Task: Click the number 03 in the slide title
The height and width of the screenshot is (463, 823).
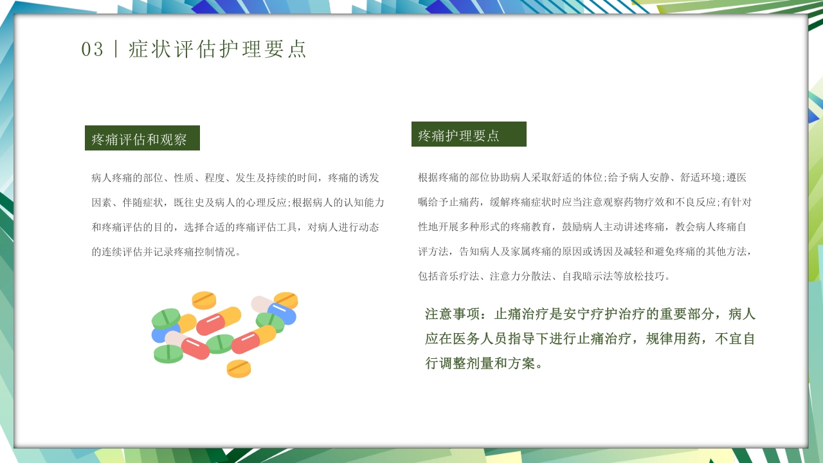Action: pyautogui.click(x=92, y=50)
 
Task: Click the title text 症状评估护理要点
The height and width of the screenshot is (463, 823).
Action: pyautogui.click(x=218, y=50)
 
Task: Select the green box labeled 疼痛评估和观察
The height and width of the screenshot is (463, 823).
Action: pyautogui.click(x=142, y=138)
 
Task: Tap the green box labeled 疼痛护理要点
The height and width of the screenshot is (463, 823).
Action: pyautogui.click(x=469, y=134)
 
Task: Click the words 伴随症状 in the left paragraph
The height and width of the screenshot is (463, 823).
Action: pyautogui.click(x=143, y=202)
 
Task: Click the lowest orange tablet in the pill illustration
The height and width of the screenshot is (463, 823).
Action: pyautogui.click(x=239, y=368)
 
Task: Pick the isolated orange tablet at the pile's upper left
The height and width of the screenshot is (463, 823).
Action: pyautogui.click(x=204, y=300)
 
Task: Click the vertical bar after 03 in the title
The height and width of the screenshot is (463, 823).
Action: pyautogui.click(x=116, y=50)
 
